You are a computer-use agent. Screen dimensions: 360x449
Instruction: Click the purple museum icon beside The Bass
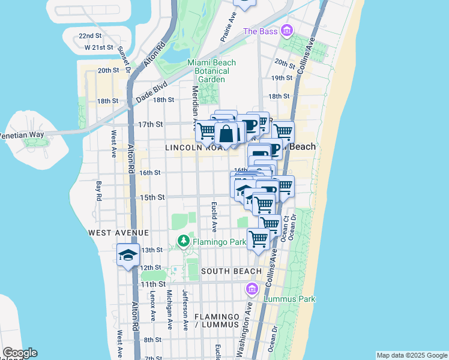click(286, 30)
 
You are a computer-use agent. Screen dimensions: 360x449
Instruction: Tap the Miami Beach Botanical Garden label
click(211, 71)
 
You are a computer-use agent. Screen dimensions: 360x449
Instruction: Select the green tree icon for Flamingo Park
click(184, 242)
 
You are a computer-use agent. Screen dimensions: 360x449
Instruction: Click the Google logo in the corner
click(20, 353)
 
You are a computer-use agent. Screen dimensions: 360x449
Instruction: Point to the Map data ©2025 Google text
click(412, 355)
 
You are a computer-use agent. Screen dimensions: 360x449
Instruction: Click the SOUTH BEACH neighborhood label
click(231, 271)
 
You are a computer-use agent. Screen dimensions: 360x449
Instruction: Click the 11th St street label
click(152, 284)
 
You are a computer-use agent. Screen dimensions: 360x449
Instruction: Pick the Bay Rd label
click(98, 190)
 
